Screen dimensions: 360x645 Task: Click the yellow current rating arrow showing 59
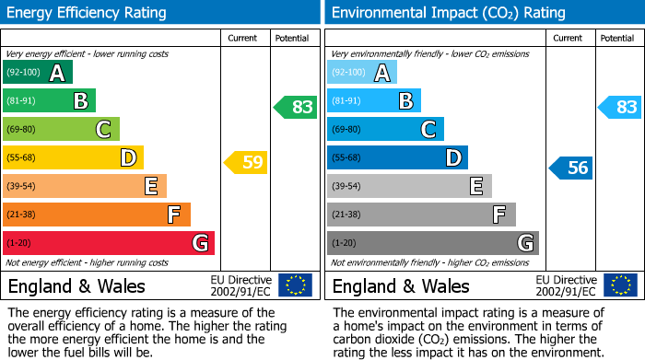[x=245, y=163]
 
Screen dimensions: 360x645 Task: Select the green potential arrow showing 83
[x=296, y=107]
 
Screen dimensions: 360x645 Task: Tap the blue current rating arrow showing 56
[x=570, y=168]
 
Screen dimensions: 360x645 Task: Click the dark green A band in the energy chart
[x=37, y=73]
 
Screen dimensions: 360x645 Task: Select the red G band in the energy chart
[x=109, y=243]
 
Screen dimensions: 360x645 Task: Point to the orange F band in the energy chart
[x=97, y=215]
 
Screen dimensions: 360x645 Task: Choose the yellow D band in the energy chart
[x=73, y=157]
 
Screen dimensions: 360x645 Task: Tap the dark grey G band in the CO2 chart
[x=432, y=243]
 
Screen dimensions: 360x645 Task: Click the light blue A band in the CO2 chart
[x=361, y=73]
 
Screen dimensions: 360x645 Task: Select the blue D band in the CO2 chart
[x=397, y=157]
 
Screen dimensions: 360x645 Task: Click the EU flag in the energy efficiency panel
[x=295, y=285]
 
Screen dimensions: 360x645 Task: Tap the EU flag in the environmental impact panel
[x=619, y=285]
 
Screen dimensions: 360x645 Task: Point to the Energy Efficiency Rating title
[x=88, y=13]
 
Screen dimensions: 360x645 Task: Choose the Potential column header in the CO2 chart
[x=617, y=38]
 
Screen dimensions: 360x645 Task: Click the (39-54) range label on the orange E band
[x=21, y=187]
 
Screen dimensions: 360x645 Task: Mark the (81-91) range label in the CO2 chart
[x=346, y=101]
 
